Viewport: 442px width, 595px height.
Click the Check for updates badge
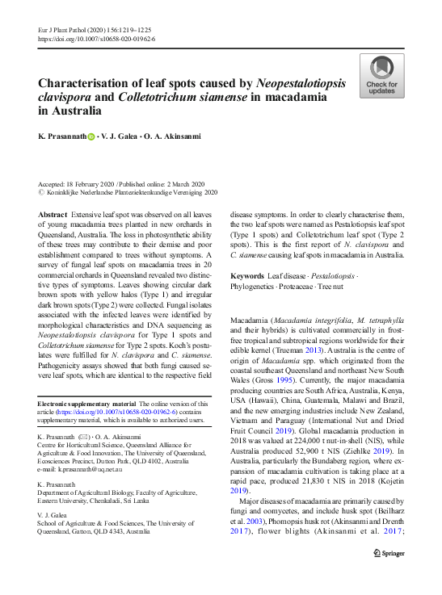pos(381,77)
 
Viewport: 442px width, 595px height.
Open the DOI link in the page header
pos(97,38)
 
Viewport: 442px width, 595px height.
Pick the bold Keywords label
pos(248,275)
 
